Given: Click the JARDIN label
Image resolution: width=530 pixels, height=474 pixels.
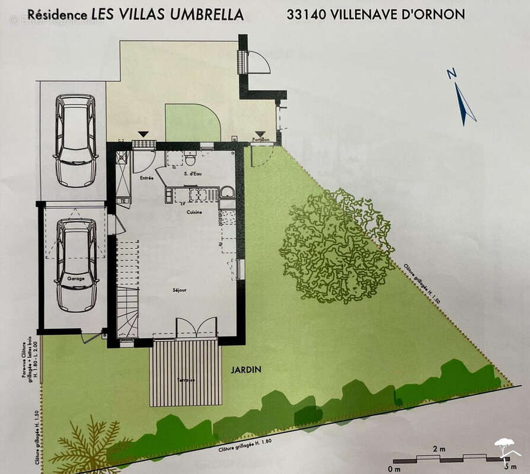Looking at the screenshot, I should click(x=246, y=369).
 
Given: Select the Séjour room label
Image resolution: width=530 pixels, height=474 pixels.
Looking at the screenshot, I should click(x=180, y=290).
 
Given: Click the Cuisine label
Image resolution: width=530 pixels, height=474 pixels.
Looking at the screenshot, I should click(x=194, y=212).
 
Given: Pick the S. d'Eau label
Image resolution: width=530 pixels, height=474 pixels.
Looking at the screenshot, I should click(x=191, y=174).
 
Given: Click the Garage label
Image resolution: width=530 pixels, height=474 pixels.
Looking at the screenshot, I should click(x=75, y=278).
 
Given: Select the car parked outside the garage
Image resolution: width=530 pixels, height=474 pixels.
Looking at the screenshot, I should click(x=76, y=140).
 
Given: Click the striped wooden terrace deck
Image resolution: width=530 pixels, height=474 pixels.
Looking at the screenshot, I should click(x=185, y=373).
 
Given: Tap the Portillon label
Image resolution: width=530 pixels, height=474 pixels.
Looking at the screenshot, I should click(x=261, y=140).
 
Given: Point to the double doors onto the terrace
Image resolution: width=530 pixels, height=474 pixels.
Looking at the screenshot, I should click(x=197, y=328).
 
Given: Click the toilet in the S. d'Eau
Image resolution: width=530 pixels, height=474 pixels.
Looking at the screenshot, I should click(x=190, y=159).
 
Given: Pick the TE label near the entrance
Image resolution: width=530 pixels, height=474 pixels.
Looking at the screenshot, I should click(x=123, y=201).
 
